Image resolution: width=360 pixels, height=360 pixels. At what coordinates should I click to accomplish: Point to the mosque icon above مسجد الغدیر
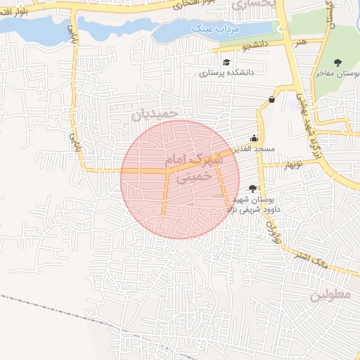[254, 139]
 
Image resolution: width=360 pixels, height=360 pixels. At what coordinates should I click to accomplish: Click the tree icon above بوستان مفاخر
[340, 62]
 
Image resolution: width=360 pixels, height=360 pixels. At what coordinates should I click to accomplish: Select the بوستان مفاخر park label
[337, 73]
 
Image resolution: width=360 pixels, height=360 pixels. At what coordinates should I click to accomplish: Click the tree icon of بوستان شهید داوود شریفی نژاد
[253, 188]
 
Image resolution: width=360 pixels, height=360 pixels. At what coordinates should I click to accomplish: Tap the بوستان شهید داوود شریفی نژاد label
[258, 205]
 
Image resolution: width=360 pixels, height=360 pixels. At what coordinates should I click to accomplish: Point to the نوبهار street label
[291, 165]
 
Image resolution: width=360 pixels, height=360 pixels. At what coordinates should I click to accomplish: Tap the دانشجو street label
[256, 46]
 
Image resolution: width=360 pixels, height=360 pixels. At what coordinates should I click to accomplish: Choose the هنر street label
[301, 44]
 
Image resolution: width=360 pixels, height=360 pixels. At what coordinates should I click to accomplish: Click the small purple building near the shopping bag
[292, 105]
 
